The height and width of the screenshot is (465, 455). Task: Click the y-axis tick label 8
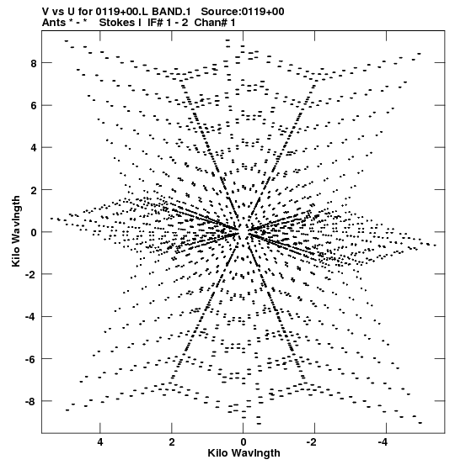click(x=34, y=63)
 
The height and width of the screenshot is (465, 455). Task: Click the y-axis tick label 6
click(x=34, y=106)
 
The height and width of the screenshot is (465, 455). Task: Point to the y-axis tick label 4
click(x=34, y=148)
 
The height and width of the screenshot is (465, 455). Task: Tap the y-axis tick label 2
click(x=34, y=190)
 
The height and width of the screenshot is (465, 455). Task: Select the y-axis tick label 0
click(x=34, y=232)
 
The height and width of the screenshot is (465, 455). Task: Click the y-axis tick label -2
click(x=31, y=274)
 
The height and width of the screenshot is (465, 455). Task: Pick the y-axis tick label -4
click(x=31, y=317)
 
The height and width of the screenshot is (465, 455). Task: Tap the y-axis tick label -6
click(x=31, y=359)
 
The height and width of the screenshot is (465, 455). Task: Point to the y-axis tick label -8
click(x=31, y=401)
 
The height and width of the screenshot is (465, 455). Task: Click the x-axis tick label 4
click(x=100, y=442)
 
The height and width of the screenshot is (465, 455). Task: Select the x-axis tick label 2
click(x=172, y=442)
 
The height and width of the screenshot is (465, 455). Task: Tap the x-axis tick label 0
click(x=244, y=442)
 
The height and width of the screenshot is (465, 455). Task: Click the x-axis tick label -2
click(x=313, y=442)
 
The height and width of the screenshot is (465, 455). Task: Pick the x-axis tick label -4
click(x=384, y=442)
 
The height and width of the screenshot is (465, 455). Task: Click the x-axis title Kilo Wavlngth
click(x=244, y=453)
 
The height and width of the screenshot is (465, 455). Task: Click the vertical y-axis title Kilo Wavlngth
click(x=16, y=231)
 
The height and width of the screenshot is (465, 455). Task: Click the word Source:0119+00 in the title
click(x=243, y=12)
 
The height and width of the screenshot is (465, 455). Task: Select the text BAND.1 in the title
click(x=172, y=12)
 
